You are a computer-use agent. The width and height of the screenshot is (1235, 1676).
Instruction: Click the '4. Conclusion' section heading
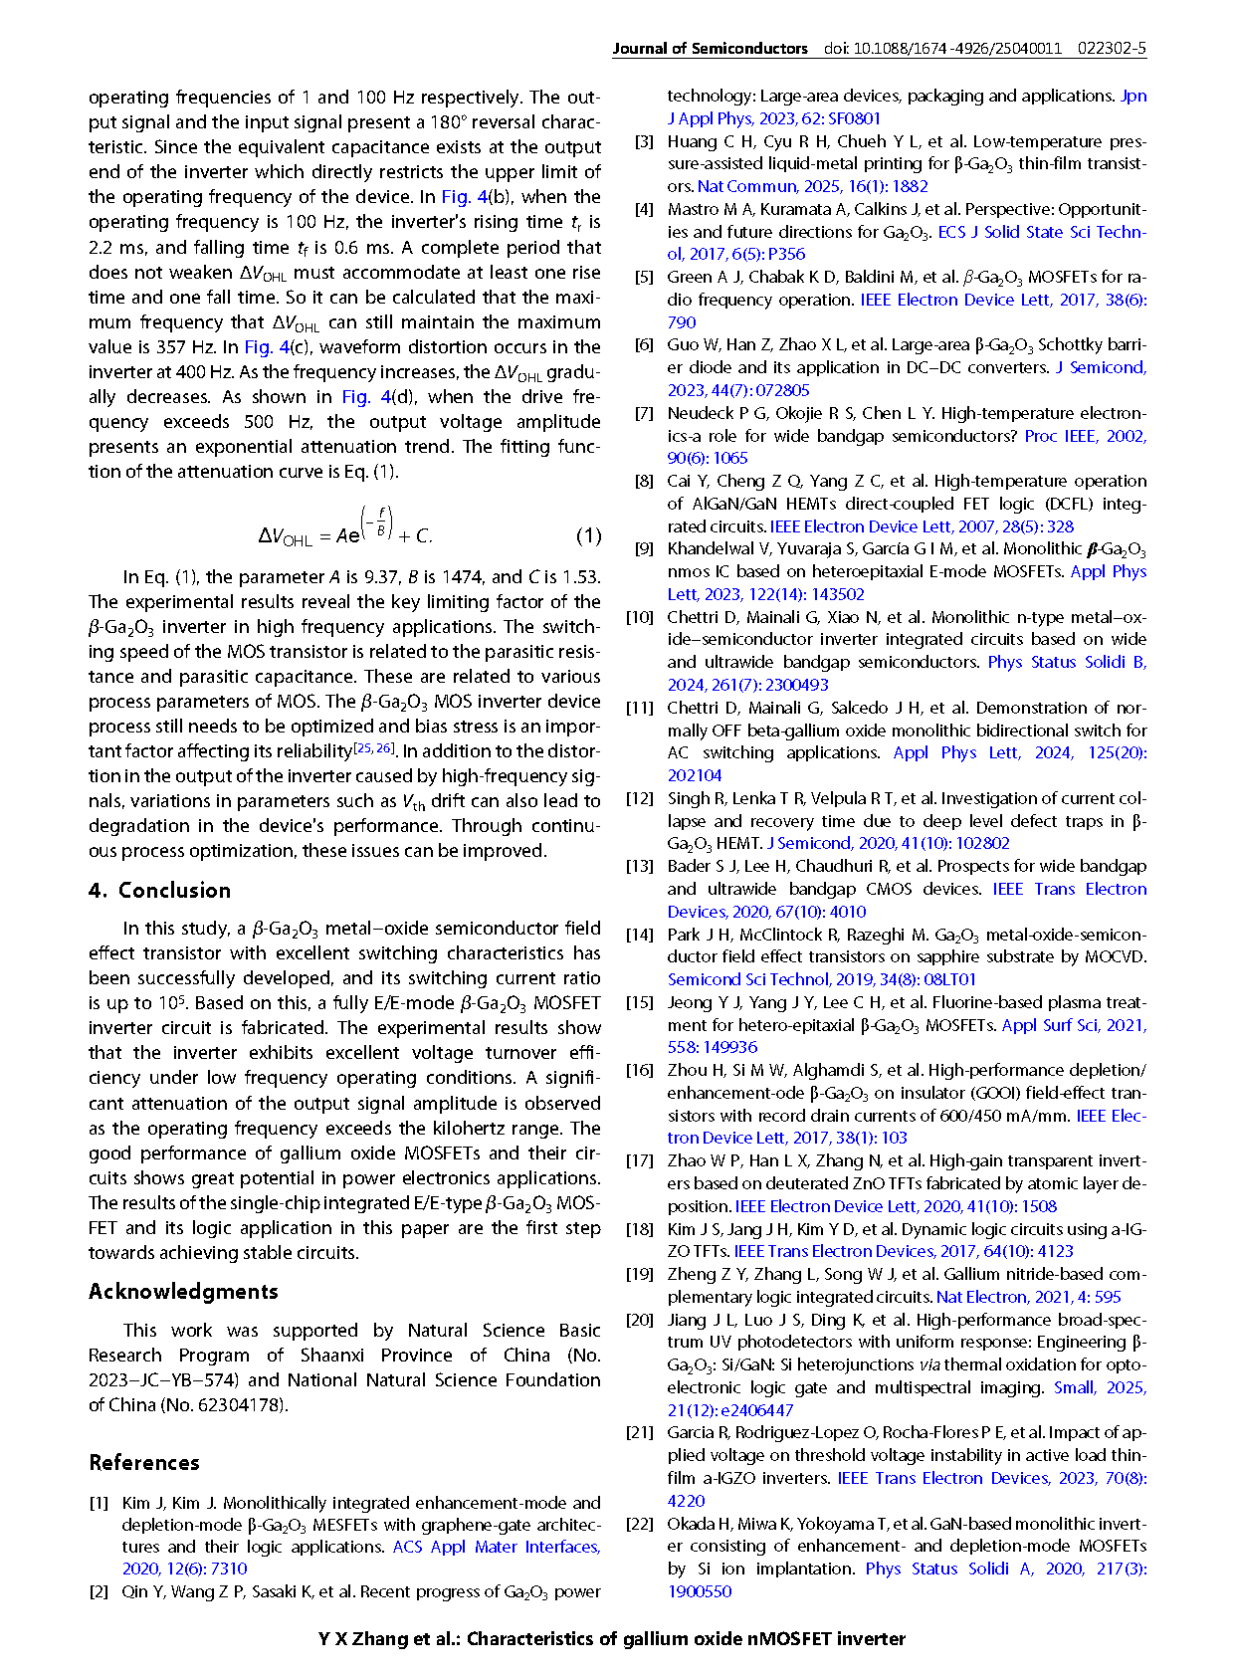point(159,891)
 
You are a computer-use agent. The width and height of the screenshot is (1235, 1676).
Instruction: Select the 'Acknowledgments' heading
point(183,1292)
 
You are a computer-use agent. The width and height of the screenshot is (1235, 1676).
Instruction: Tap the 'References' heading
point(144,1463)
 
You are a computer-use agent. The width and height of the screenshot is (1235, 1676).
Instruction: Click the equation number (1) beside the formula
point(589,536)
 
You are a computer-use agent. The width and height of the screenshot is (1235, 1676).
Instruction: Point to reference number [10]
point(639,617)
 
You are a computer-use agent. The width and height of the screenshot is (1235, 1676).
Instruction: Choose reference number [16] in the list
point(639,1070)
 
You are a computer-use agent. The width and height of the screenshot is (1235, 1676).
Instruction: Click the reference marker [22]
point(639,1524)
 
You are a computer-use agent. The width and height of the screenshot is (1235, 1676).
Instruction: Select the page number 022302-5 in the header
point(1112,48)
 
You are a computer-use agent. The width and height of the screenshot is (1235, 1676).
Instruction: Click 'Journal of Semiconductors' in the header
point(710,48)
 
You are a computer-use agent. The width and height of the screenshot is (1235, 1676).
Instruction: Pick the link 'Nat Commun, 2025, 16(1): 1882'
point(812,186)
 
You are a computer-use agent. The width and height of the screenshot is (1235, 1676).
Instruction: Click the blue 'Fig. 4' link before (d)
point(366,397)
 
